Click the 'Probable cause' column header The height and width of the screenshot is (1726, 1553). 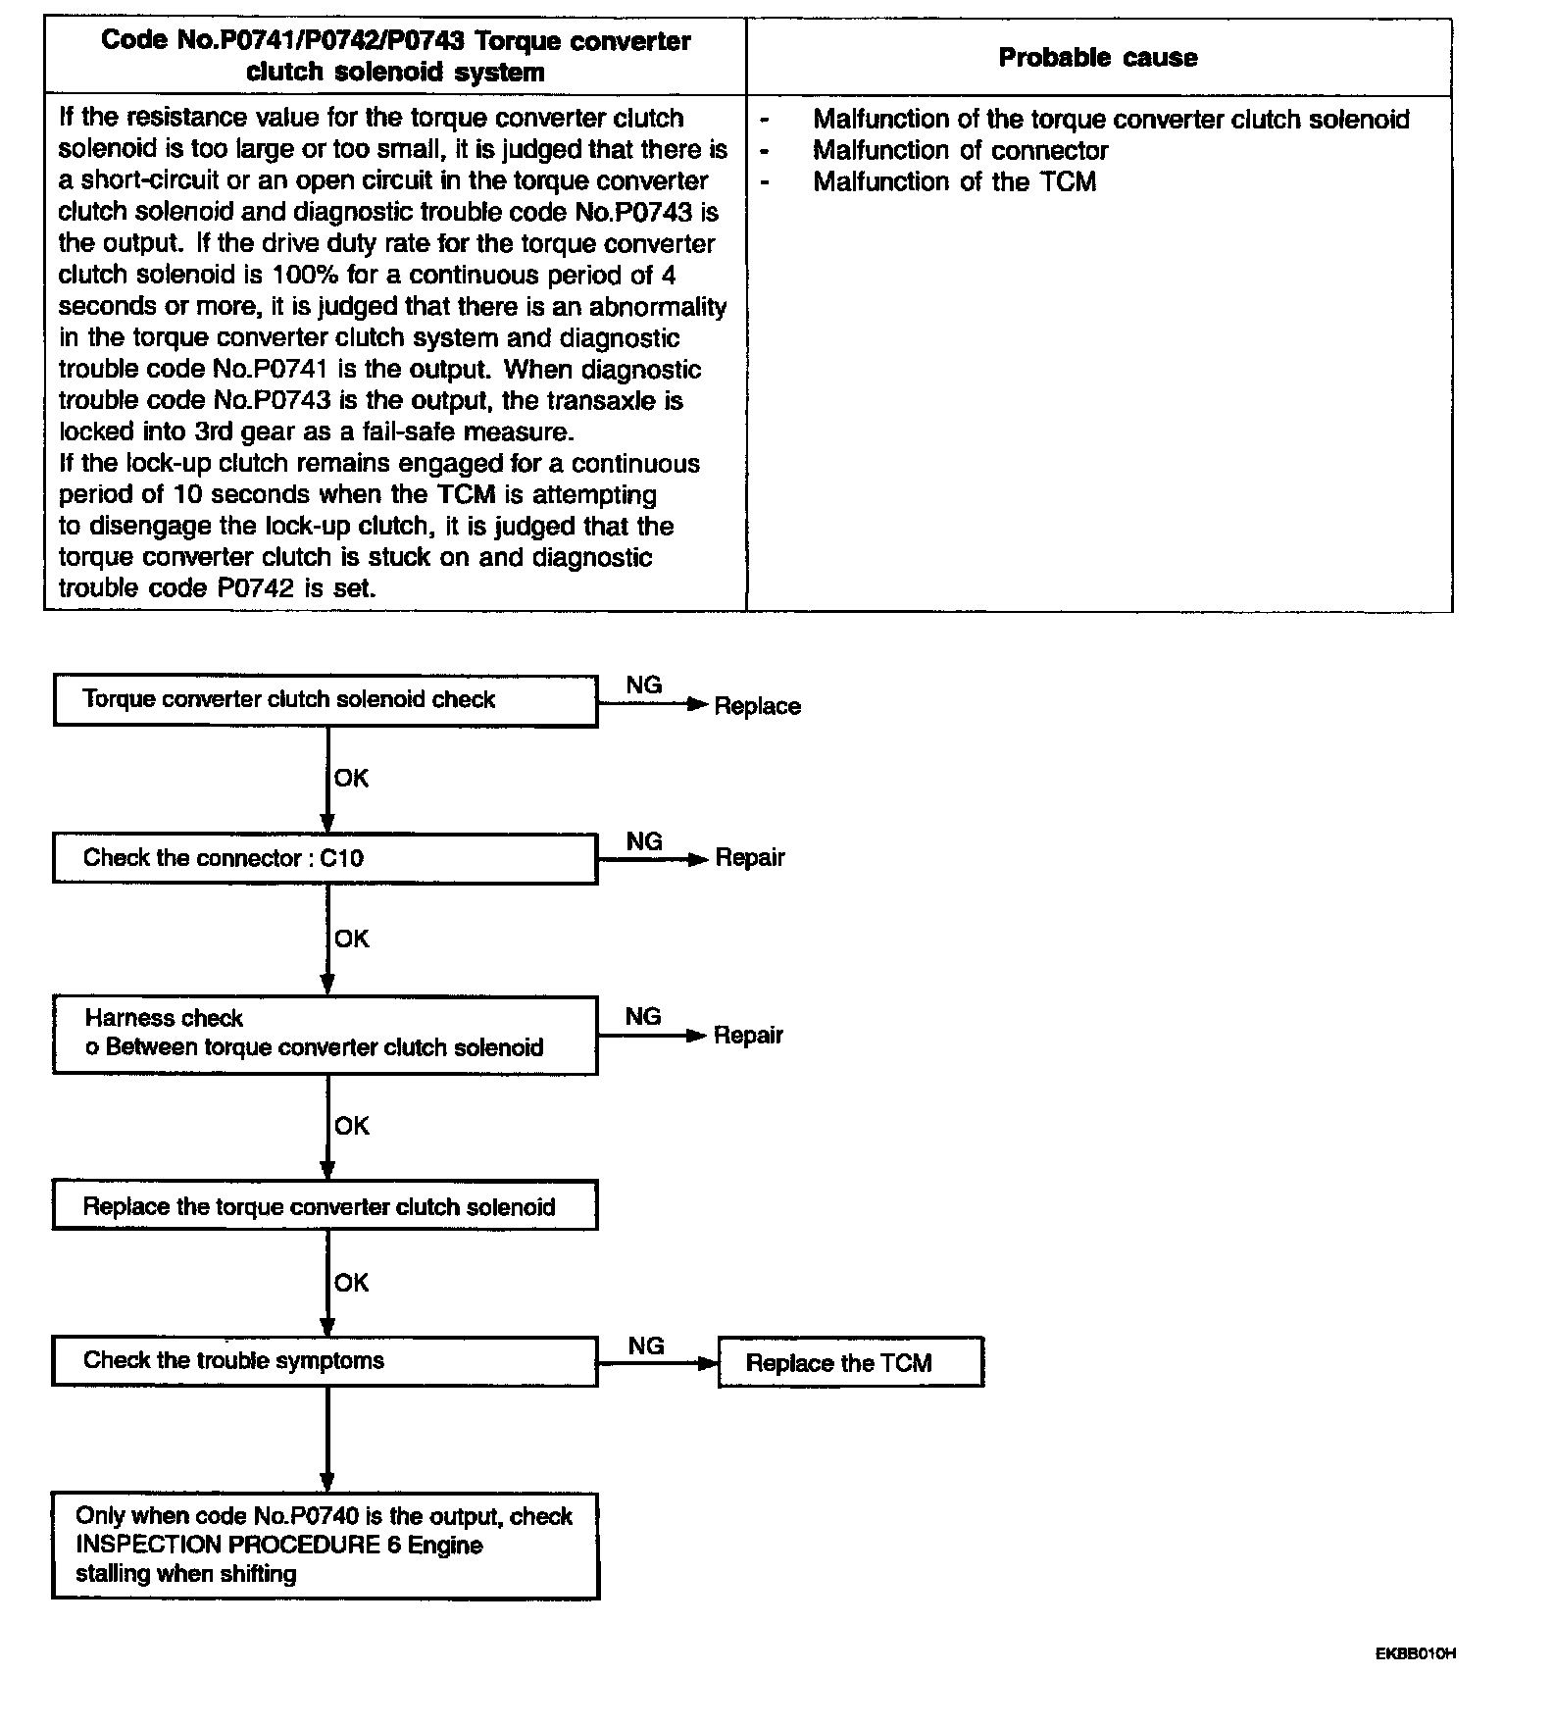point(1097,58)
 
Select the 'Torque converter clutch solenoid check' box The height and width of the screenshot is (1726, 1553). point(325,700)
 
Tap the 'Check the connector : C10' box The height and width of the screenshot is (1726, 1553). point(325,858)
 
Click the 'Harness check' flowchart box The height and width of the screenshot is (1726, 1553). point(325,1034)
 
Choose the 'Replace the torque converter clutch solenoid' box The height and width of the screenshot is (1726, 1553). point(325,1206)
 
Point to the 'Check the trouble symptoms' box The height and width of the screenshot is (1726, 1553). point(325,1360)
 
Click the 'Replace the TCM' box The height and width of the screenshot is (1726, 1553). point(850,1362)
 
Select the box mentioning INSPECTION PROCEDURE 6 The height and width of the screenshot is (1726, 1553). point(325,1546)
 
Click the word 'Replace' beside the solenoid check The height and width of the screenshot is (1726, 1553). point(757,706)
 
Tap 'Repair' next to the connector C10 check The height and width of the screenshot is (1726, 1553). point(750,858)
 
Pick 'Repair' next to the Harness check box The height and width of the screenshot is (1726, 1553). point(748,1036)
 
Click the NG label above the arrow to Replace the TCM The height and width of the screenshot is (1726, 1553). point(646,1345)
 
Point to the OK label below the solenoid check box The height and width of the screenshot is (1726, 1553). point(351,778)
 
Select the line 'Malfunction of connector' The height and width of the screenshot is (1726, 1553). point(960,151)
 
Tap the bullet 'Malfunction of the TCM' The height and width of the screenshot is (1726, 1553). point(954,182)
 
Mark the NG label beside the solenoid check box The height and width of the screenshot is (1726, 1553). point(643,685)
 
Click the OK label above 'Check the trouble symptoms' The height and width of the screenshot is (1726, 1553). point(351,1283)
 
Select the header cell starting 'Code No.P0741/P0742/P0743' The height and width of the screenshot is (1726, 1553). point(395,57)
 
